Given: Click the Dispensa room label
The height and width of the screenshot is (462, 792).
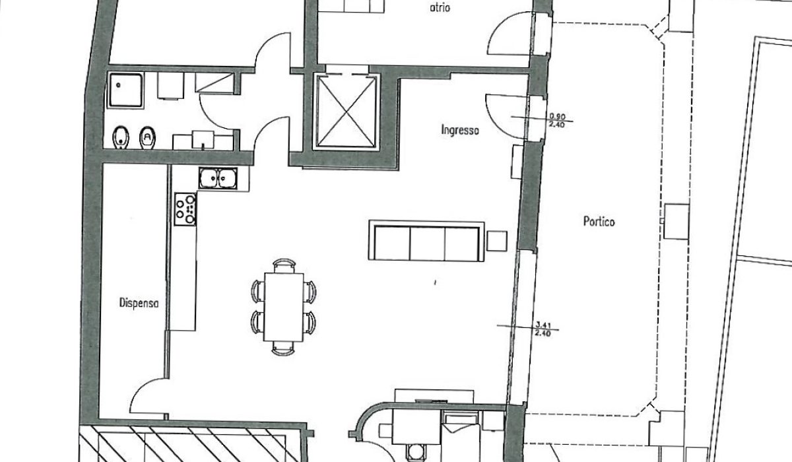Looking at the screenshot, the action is coord(139,304).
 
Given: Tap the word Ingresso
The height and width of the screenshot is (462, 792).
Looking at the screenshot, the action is coord(460,130).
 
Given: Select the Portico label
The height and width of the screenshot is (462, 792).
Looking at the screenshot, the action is coord(599,222).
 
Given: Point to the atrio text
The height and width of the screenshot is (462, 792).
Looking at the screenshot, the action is coord(440,7).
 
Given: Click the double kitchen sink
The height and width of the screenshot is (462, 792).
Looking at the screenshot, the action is coord(218,178).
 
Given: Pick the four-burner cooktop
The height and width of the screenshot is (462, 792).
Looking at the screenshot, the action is coord(185,209).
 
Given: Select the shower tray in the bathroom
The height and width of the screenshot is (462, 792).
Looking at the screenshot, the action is coord(125,90).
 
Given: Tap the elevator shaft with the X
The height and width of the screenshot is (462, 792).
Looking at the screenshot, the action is coord(346,112).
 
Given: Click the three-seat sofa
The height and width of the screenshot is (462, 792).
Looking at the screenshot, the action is coord(426,241).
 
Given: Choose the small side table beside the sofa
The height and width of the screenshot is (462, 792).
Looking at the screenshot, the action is coord(497,241).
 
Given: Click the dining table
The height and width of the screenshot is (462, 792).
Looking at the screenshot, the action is coord(284,307).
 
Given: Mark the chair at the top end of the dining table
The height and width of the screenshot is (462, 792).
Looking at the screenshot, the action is coord(284,265).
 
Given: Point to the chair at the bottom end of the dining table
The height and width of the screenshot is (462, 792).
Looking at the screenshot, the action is coord(283,348).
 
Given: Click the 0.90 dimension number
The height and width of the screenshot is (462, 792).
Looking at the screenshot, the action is coord(557,116).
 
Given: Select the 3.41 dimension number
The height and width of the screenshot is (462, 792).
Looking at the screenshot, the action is coord(543,325).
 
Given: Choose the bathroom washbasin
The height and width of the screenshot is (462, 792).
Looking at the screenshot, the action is coord(203,140).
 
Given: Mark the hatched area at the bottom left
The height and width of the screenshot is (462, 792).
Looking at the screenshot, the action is coord(191,444).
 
